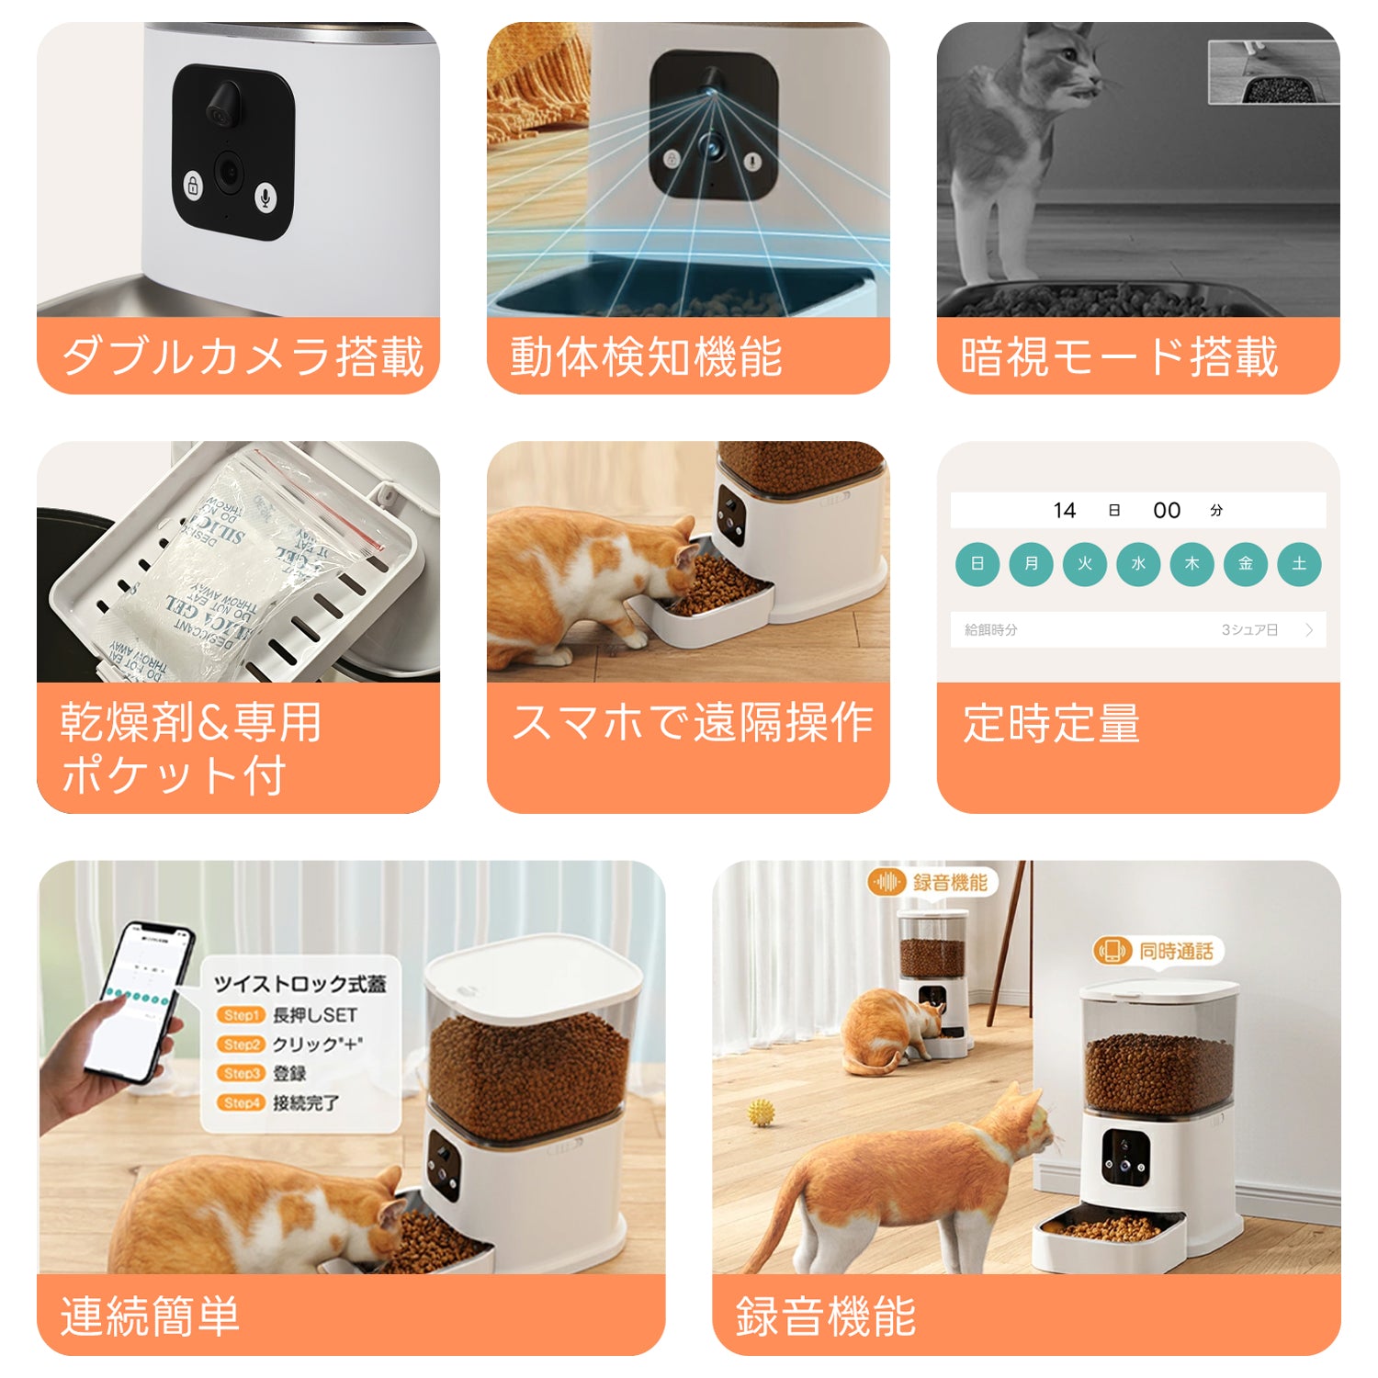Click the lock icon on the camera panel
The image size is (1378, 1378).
193,186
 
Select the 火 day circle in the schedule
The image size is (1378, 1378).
1085,564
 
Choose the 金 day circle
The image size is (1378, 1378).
1246,564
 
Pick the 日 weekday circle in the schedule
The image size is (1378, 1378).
977,564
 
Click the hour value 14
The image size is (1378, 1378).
1065,511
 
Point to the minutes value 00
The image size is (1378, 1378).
1167,511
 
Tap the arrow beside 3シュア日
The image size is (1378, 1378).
1309,630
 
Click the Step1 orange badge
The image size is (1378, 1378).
241,1015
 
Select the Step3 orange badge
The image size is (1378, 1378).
241,1073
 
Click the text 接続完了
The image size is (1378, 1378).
306,1102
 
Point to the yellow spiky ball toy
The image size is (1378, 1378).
761,1113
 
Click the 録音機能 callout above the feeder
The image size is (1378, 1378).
932,883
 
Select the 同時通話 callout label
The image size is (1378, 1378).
1158,951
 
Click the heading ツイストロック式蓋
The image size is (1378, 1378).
299,984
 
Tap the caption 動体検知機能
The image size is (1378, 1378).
646,356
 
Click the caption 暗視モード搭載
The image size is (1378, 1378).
1119,356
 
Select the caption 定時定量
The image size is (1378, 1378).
1051,724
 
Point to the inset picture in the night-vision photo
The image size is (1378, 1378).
1272,73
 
